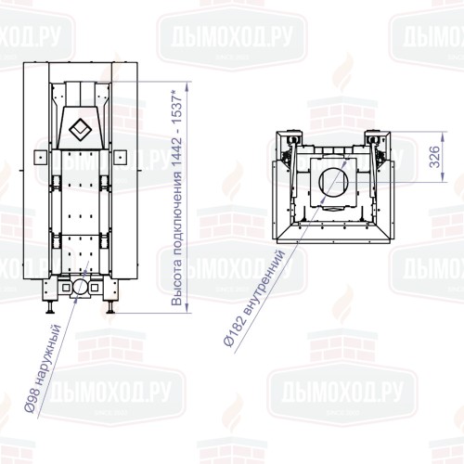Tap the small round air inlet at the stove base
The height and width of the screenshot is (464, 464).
[x=82, y=289]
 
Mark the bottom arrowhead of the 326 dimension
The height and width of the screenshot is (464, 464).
[x=419, y=181]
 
